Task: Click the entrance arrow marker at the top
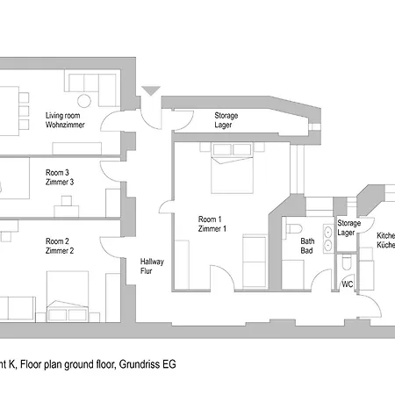151,90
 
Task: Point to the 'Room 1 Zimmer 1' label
212,224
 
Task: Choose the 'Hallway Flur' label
152,267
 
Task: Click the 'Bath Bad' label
307,246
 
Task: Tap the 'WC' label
348,284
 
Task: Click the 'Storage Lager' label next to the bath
348,228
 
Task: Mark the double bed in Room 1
232,171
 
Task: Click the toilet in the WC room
348,263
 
